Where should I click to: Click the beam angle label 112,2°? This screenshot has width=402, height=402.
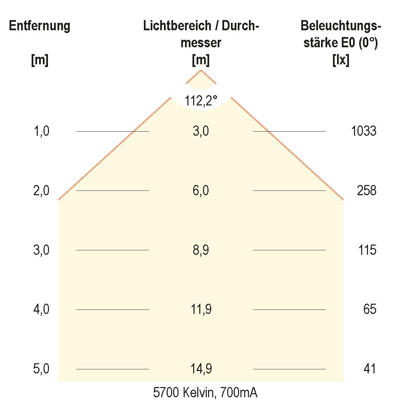[201, 101]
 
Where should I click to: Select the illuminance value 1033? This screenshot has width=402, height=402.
[364, 131]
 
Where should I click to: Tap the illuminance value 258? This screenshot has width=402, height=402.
[367, 190]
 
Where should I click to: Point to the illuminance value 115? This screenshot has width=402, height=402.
[367, 250]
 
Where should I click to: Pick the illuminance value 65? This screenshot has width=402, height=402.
[370, 309]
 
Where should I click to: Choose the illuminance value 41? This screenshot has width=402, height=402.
[370, 369]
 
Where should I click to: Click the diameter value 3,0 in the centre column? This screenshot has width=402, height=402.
[201, 131]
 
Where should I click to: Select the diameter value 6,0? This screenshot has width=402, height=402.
[201, 190]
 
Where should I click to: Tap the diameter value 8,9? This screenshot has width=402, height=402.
[201, 250]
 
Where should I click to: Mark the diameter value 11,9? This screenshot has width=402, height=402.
[201, 309]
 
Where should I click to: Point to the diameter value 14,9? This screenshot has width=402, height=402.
[201, 369]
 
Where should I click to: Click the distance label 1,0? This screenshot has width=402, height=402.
[41, 131]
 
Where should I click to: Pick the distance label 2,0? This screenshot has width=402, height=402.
[41, 190]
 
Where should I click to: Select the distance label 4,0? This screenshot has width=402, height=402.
[41, 309]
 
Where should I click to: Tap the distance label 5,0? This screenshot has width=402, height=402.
[41, 369]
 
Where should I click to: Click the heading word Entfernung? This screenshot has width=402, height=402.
[39, 26]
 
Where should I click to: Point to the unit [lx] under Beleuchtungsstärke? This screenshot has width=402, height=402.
[341, 61]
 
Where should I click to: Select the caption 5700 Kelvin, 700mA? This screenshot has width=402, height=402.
[205, 393]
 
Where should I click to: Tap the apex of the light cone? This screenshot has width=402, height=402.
[201, 70]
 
